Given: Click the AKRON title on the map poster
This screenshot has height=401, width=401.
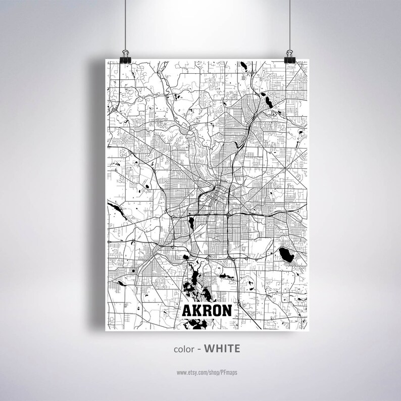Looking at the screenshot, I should [x=206, y=310].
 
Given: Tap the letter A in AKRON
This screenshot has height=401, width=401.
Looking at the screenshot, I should [x=186, y=310].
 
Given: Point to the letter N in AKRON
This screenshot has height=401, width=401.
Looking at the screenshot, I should [x=226, y=310].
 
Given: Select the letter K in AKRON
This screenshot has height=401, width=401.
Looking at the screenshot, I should [x=196, y=310].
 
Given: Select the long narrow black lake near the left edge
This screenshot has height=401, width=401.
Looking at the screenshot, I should [x=115, y=207].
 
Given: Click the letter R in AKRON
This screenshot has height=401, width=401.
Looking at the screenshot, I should [x=206, y=310].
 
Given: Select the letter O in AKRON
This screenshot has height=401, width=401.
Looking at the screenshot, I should [x=216, y=310].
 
